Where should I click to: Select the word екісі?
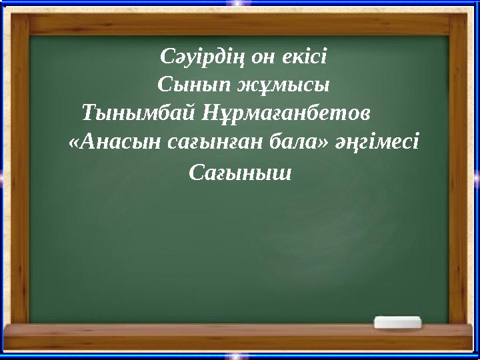tap(303, 57)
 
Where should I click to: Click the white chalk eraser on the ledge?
tap(398, 322)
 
